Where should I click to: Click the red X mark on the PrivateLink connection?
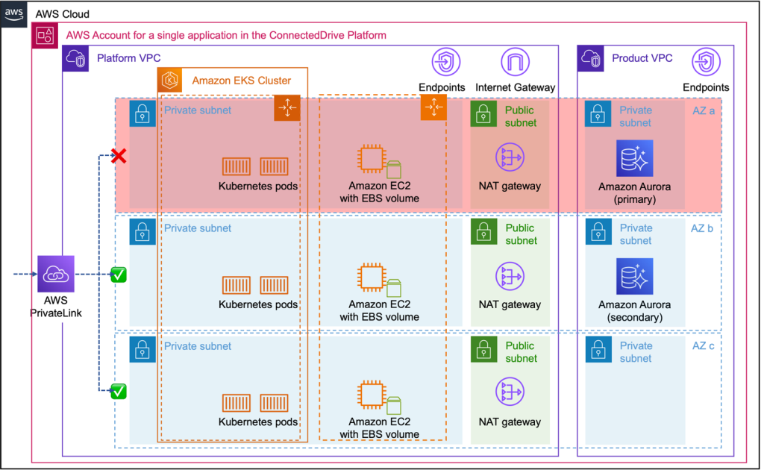click(x=117, y=157)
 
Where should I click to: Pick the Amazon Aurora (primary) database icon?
click(x=634, y=157)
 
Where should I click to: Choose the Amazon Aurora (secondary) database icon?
click(x=634, y=276)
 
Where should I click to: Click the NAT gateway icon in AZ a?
click(x=510, y=157)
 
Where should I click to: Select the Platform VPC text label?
click(x=128, y=58)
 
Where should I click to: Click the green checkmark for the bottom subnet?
click(x=118, y=391)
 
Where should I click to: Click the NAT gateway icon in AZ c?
click(x=510, y=394)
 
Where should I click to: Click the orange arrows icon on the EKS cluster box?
click(x=286, y=108)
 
